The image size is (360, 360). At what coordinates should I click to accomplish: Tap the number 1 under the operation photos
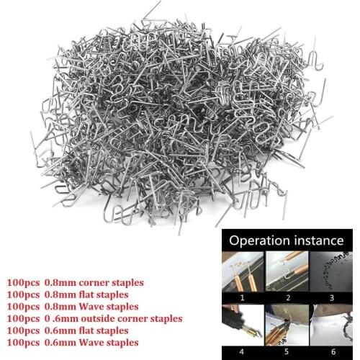pos(243,296)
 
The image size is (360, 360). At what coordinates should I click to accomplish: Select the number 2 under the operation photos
pos(287,296)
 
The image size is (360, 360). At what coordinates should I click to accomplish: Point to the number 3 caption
pos(332,296)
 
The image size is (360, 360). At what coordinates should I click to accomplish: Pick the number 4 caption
pos(243,351)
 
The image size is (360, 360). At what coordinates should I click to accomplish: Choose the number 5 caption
pos(287,351)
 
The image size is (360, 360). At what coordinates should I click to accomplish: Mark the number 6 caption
pos(332,351)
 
